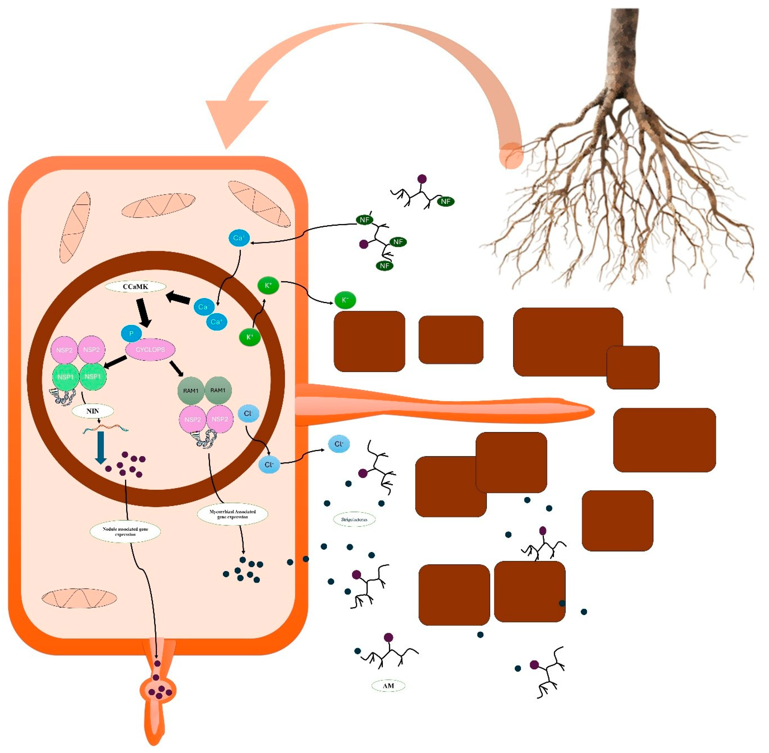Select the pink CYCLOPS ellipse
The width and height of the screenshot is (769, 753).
[x=150, y=350]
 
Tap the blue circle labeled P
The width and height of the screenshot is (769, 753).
[x=131, y=333]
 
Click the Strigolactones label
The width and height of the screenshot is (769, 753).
[x=354, y=519]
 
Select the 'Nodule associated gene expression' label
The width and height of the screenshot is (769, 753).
[x=125, y=531]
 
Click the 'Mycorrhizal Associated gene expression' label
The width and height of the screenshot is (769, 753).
[x=232, y=514]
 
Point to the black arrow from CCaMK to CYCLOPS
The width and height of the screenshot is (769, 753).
[x=143, y=313]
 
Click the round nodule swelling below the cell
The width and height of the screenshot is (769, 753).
[x=158, y=690]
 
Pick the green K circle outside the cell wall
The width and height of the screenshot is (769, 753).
[x=345, y=300]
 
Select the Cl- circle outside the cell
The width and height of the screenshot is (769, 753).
[x=339, y=444]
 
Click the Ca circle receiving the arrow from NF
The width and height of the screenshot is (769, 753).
[x=239, y=238]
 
